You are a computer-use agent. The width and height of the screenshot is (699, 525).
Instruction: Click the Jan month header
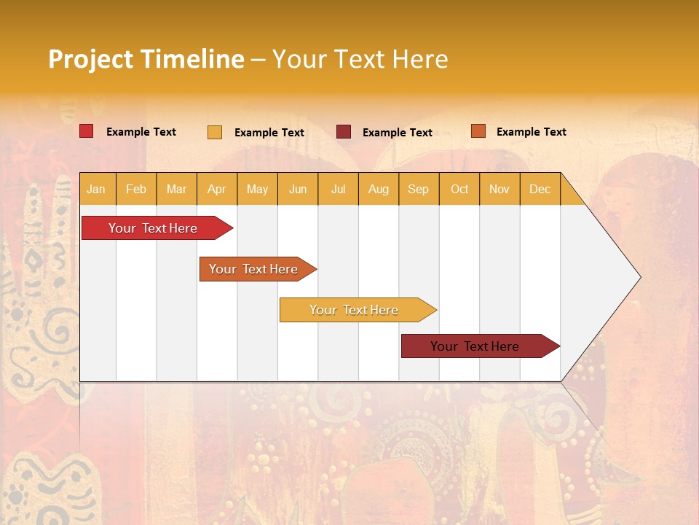(97, 189)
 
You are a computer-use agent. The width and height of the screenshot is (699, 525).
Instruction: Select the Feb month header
(136, 189)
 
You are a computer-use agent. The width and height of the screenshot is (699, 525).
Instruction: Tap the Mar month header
(176, 189)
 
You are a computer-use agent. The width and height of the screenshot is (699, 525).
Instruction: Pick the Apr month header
(217, 189)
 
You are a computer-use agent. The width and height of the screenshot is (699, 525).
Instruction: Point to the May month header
(257, 189)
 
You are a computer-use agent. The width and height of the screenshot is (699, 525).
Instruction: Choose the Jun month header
(298, 189)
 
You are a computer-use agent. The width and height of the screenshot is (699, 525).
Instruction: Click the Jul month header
(338, 189)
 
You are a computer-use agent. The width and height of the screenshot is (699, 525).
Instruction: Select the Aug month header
(379, 189)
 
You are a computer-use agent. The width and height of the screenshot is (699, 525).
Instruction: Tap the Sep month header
(419, 189)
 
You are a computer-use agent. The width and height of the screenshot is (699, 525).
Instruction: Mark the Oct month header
(459, 189)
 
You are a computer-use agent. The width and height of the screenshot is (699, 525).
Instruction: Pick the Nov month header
(499, 189)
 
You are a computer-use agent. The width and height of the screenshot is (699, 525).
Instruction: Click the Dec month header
(540, 189)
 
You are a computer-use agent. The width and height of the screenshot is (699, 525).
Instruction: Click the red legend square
(87, 131)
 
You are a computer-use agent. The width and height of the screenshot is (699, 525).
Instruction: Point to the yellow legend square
(215, 132)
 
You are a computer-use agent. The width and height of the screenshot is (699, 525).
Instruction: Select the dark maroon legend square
(344, 131)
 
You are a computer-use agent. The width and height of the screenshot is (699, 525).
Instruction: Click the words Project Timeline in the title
(146, 59)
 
